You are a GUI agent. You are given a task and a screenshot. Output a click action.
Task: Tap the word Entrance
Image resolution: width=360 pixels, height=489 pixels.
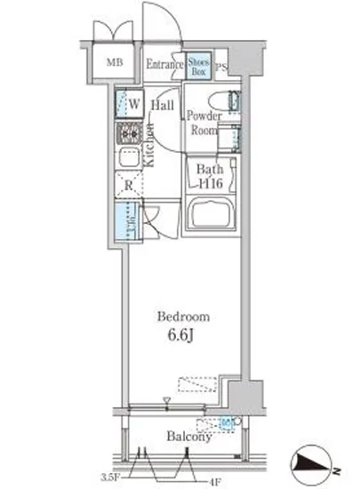[x=164, y=63]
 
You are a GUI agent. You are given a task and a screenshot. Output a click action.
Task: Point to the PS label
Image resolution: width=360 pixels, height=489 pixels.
[x=221, y=66]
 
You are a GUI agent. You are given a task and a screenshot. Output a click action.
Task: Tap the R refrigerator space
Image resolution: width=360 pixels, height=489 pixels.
[x=128, y=185]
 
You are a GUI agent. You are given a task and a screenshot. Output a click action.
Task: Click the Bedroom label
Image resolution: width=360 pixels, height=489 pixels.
[x=183, y=317]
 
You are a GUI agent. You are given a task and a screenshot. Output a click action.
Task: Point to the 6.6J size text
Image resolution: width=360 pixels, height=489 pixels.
[x=183, y=336]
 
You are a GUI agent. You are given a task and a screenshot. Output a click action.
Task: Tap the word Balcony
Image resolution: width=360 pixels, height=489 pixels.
[x=187, y=437]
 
